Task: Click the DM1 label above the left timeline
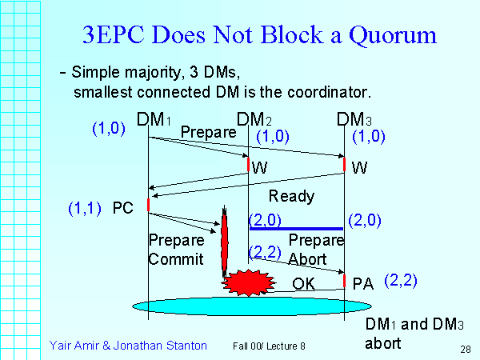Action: [154, 120]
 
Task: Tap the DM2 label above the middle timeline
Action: [255, 120]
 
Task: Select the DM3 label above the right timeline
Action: [354, 120]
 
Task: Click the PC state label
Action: [122, 207]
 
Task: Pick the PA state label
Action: [363, 282]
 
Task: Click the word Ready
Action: [291, 196]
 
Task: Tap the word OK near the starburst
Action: [303, 283]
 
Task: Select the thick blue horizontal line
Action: [296, 228]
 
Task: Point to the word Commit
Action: [176, 259]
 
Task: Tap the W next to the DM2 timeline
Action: [259, 168]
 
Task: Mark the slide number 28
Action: [465, 350]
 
